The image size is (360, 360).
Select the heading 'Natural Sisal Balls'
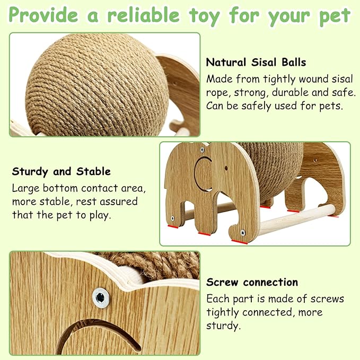(256, 62)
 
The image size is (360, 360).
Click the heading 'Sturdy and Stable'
(62, 171)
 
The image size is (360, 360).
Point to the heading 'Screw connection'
(252, 282)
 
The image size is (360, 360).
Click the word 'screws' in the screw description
(327, 298)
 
